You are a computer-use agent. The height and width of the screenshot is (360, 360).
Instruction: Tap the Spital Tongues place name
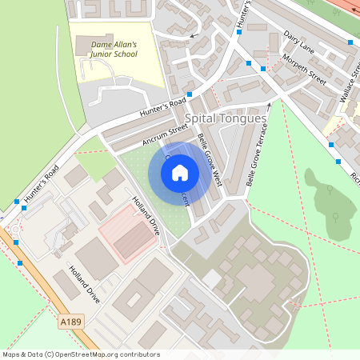226,118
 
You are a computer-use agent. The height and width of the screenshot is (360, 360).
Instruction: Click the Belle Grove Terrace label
257,155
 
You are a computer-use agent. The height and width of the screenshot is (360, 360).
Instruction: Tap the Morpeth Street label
305,70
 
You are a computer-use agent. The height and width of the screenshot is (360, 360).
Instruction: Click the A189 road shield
71,321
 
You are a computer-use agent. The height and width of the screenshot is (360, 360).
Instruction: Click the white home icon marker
180,172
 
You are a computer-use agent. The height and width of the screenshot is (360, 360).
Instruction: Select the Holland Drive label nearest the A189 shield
84,284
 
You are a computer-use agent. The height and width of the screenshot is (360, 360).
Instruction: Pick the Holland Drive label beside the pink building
146,215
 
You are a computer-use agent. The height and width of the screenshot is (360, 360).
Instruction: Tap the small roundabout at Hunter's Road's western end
17,231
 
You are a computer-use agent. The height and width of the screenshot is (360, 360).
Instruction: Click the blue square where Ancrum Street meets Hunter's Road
189,94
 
